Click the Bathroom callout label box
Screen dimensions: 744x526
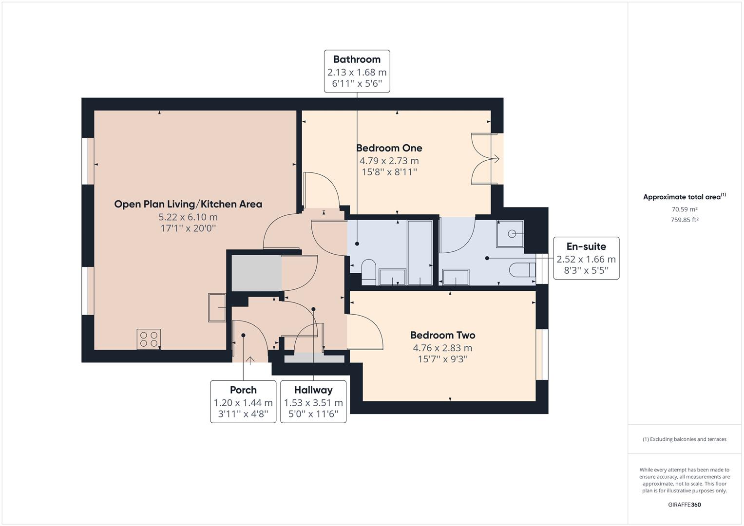[357, 71]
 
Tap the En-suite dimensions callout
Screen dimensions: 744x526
[586, 258]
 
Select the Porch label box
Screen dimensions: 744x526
[243, 401]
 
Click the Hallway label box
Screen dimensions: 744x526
[313, 401]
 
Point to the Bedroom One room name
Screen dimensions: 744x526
[389, 148]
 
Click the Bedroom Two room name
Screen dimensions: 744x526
[442, 335]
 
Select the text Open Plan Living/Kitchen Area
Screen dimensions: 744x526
[188, 204]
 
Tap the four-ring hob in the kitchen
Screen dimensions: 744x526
[149, 339]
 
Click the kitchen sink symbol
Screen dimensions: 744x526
[217, 307]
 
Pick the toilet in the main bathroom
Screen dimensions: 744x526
[368, 272]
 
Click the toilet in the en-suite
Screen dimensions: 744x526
[522, 270]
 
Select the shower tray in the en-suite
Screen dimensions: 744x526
[510, 234]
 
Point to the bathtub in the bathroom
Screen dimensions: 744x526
[420, 252]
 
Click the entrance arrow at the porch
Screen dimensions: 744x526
[250, 360]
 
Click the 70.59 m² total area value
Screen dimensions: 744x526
[684, 209]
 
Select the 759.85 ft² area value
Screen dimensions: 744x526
[684, 220]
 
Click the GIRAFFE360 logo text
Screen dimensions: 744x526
[684, 505]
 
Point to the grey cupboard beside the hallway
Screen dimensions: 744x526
[256, 273]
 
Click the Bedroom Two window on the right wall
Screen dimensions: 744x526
[542, 355]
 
